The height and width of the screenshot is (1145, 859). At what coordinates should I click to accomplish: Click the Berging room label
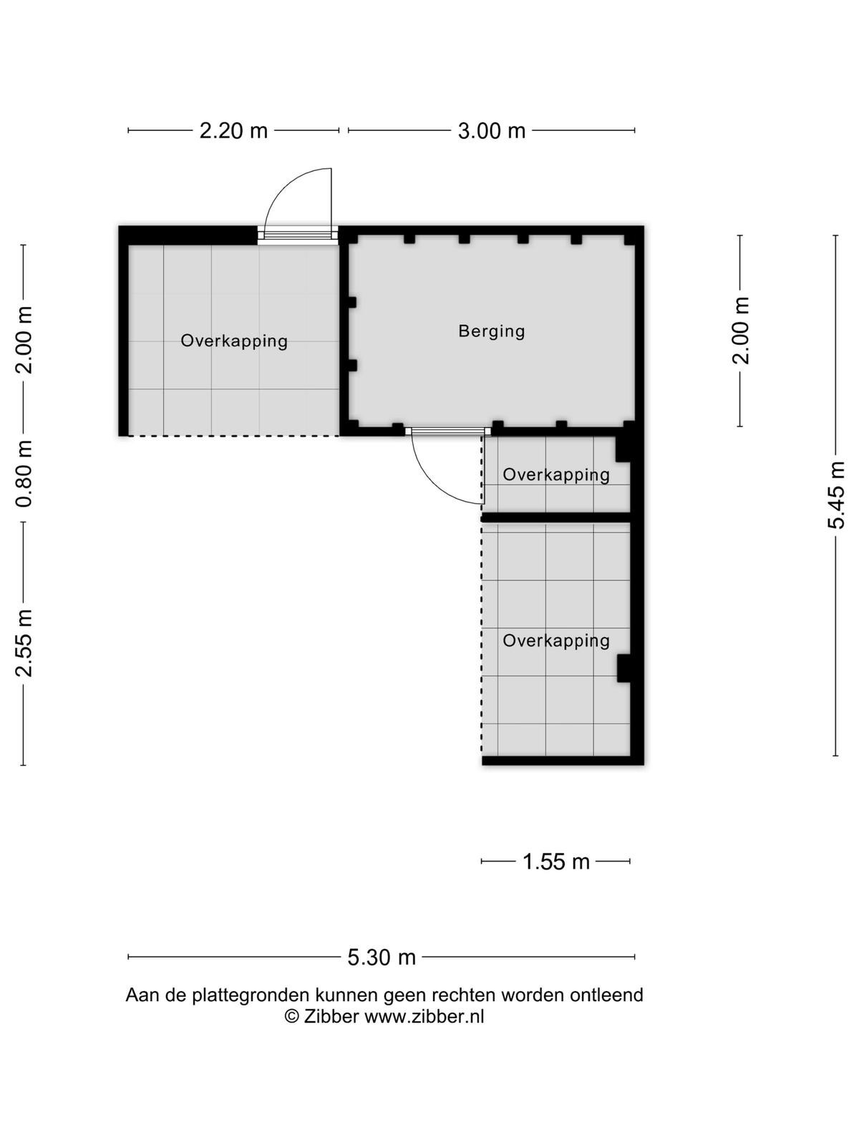[491, 332]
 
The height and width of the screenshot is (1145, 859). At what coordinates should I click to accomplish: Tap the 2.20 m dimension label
[233, 130]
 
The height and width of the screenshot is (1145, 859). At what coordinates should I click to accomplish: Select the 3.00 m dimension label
[491, 130]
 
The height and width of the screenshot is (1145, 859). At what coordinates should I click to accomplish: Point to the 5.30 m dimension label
[382, 957]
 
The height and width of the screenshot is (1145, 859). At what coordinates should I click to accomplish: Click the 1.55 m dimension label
[555, 861]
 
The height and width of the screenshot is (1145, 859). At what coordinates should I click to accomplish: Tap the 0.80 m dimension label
[24, 474]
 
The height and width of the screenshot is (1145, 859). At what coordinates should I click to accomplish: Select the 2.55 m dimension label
[24, 643]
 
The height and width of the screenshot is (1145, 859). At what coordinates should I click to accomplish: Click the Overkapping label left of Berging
[233, 341]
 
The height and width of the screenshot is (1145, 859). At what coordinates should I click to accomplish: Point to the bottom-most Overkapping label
[556, 640]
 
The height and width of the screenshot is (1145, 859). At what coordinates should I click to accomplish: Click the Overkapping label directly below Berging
[556, 474]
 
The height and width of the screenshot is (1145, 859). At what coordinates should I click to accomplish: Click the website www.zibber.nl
[424, 1016]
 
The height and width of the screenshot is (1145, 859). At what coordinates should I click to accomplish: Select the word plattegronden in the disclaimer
[251, 995]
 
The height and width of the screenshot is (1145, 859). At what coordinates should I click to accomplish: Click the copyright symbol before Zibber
[291, 1017]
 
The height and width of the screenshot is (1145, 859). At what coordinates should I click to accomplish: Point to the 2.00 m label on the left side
[24, 341]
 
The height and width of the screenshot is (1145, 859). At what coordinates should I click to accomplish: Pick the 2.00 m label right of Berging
[740, 330]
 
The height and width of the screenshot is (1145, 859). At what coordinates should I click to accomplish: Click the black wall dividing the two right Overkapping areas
[556, 517]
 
